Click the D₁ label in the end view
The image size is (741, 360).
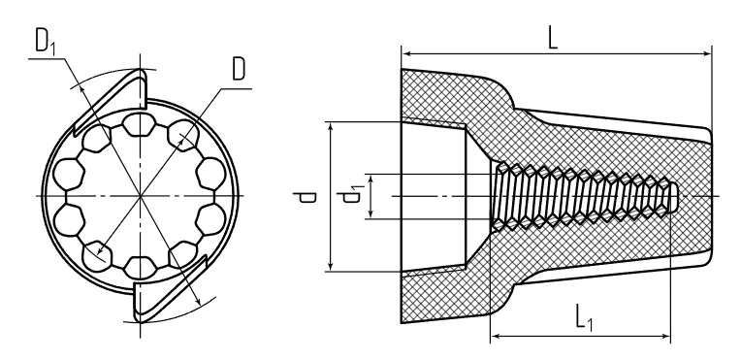(46, 42)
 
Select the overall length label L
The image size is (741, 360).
(553, 39)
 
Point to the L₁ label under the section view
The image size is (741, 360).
(584, 317)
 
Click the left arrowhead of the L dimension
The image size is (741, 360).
(407, 54)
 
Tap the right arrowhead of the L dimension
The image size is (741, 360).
(705, 54)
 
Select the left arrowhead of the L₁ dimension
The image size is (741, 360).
(497, 337)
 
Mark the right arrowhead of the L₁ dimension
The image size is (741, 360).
(664, 337)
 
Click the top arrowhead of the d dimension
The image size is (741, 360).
(331, 127)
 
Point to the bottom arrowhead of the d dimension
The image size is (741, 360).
(331, 266)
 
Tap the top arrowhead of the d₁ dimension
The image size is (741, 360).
(371, 180)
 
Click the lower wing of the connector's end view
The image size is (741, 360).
(170, 288)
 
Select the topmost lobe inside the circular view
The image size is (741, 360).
(140, 124)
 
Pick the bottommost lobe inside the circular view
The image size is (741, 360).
(140, 267)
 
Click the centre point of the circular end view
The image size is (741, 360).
(141, 195)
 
